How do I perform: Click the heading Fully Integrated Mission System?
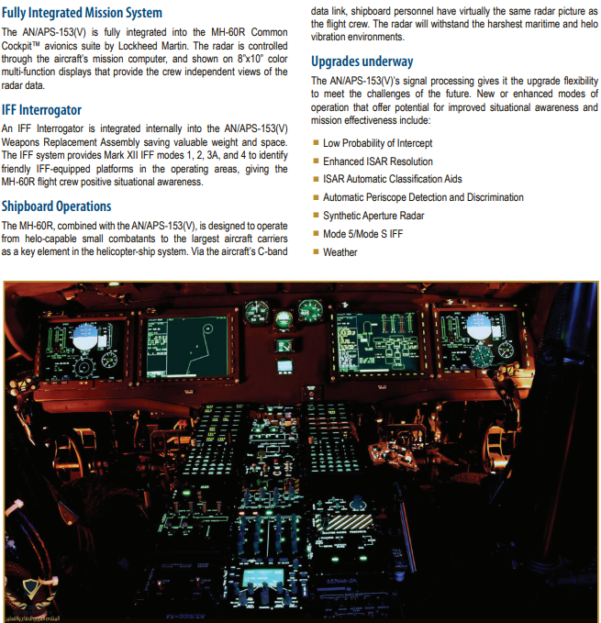(x=83, y=13)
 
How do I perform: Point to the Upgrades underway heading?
(x=362, y=61)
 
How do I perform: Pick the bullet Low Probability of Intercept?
(x=377, y=143)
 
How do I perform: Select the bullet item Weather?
(x=339, y=252)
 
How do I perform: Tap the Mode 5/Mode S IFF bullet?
(x=362, y=234)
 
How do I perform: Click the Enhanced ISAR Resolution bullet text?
(x=377, y=161)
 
